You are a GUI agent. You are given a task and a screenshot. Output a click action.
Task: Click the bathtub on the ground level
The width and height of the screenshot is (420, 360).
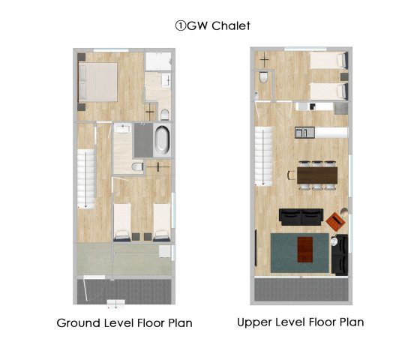[x=162, y=140]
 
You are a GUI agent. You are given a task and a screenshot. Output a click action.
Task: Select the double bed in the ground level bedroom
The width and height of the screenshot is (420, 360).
[x=98, y=82]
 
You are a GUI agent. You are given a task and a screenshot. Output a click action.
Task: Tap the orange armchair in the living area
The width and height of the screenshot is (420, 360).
[x=334, y=221]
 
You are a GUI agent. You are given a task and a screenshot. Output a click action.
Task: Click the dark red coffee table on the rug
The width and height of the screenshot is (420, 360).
[x=305, y=250]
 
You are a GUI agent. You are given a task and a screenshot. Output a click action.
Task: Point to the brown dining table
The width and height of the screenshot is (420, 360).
[x=317, y=175]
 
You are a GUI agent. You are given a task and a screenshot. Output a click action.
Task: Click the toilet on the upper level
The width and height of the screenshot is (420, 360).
[x=263, y=76]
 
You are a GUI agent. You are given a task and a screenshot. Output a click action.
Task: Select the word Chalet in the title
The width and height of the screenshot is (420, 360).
[x=231, y=26]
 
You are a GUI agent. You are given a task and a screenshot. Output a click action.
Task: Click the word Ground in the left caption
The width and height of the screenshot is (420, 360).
[x=79, y=323]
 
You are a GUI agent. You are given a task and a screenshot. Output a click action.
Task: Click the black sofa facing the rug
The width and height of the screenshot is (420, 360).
[x=301, y=217]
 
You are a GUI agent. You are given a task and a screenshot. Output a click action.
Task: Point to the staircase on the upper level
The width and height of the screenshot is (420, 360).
[x=263, y=157]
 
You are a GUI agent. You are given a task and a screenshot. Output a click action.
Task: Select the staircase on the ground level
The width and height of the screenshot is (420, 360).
[x=86, y=179]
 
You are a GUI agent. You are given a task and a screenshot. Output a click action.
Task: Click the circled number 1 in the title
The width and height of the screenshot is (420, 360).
[x=180, y=26]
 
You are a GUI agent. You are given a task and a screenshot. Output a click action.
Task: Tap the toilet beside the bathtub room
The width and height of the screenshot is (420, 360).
[x=138, y=166]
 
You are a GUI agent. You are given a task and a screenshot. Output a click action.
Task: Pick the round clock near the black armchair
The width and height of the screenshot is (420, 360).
[x=334, y=241]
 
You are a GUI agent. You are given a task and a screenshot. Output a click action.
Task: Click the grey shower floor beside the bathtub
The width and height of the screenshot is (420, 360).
[x=143, y=140]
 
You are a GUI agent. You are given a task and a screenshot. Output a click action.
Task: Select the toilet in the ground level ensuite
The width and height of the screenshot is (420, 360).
[x=165, y=114]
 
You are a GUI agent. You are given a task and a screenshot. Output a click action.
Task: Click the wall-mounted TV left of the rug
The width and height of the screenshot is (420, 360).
[x=256, y=247]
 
